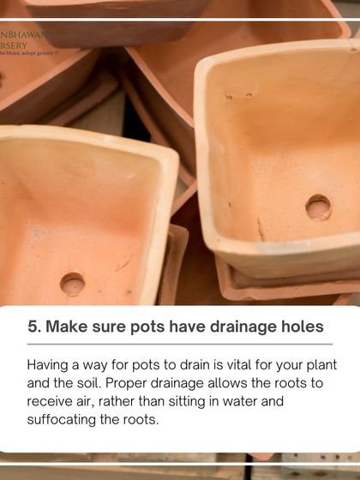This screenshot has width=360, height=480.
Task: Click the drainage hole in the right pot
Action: pyautogui.click(x=318, y=207)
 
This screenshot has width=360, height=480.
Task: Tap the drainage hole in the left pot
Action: pyautogui.click(x=72, y=284)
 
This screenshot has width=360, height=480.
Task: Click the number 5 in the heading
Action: pyautogui.click(x=33, y=327)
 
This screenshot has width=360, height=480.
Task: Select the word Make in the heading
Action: pyautogui.click(x=69, y=327)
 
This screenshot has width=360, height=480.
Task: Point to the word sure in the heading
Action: pyautogui.click(x=117, y=327)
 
